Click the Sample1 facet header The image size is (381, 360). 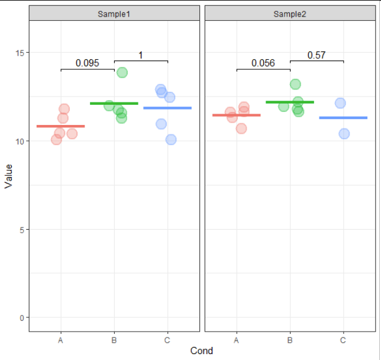[x=114, y=14]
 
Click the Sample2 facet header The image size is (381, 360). [x=290, y=14]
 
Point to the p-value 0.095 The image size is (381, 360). [x=88, y=63]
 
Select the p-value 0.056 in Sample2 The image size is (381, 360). [x=263, y=63]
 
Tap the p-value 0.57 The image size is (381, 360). [x=317, y=55]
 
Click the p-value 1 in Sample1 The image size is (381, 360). [x=141, y=55]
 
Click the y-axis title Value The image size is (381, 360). [x=8, y=176]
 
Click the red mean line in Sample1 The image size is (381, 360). [x=60, y=126]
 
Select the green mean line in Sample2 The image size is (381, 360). [x=290, y=102]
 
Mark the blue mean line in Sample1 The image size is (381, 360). [x=167, y=108]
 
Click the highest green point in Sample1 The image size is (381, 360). [x=122, y=72]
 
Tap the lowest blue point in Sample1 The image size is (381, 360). [x=171, y=140]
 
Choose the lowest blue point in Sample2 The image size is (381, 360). [x=344, y=133]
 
